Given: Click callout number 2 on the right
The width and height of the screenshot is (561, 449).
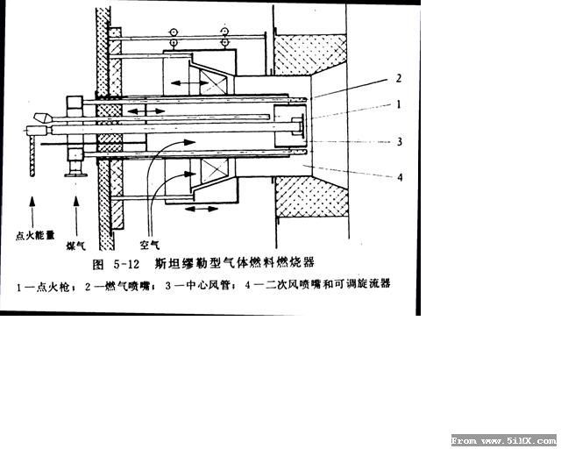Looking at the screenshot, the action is (x=399, y=78).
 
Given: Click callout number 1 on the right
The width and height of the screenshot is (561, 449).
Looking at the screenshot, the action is (x=399, y=104).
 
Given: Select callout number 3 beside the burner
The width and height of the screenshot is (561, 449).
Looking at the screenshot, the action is (x=400, y=142).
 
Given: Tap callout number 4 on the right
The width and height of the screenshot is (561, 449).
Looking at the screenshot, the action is (x=400, y=177).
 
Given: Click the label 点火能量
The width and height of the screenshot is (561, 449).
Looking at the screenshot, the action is (x=35, y=235).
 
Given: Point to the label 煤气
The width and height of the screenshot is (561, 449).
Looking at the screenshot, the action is (x=76, y=246).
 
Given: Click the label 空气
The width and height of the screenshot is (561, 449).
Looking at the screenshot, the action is (x=150, y=245).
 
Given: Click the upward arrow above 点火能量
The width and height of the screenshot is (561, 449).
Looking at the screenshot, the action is (x=32, y=211).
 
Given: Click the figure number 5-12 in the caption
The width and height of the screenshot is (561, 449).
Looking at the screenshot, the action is (x=126, y=265).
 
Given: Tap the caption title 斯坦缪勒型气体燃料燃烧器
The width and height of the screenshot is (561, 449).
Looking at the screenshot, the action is (x=235, y=263).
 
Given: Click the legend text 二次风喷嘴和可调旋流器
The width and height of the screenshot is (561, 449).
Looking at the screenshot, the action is (x=328, y=284).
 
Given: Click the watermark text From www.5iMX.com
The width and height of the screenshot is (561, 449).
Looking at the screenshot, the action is (x=504, y=440).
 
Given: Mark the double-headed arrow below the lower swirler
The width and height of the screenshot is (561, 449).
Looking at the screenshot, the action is (x=202, y=209).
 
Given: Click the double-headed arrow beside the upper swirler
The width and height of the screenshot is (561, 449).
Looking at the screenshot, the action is (x=189, y=83).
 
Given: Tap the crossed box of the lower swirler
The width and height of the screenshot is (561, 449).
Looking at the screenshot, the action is (x=214, y=168).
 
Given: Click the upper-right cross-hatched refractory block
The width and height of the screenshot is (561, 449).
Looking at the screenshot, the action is (x=309, y=54).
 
